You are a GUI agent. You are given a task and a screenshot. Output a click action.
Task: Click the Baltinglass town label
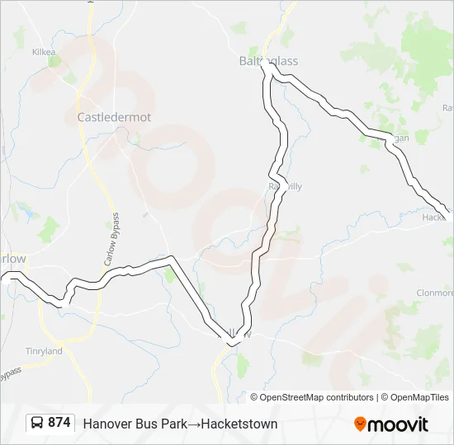(x=268, y=61)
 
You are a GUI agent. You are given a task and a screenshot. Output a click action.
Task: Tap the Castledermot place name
(x=114, y=117)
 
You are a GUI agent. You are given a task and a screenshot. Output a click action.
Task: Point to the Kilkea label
(x=43, y=52)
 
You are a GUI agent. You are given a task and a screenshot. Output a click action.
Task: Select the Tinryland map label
(x=44, y=351)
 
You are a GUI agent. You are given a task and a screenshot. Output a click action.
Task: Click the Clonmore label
(x=435, y=293)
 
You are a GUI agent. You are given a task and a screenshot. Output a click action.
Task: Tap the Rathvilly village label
(x=286, y=186)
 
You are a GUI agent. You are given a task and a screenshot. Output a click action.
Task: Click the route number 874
(x=59, y=423)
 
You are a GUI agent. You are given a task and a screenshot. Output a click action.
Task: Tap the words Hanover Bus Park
(x=129, y=424)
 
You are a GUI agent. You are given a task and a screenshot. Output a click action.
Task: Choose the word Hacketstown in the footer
(x=239, y=424)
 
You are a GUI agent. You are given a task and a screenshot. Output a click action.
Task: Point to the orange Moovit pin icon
(x=360, y=424)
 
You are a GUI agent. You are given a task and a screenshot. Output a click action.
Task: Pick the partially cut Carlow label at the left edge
(x=13, y=259)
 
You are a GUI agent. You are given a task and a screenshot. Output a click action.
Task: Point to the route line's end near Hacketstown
(x=448, y=212)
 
